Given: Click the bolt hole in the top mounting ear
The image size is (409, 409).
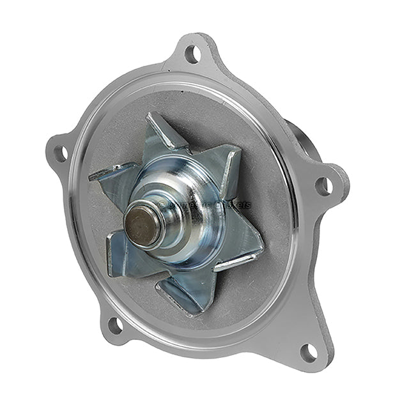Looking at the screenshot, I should [192, 54].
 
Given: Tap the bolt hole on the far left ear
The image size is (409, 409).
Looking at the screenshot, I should [61, 153].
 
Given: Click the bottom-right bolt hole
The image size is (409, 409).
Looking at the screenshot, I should [309, 351].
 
